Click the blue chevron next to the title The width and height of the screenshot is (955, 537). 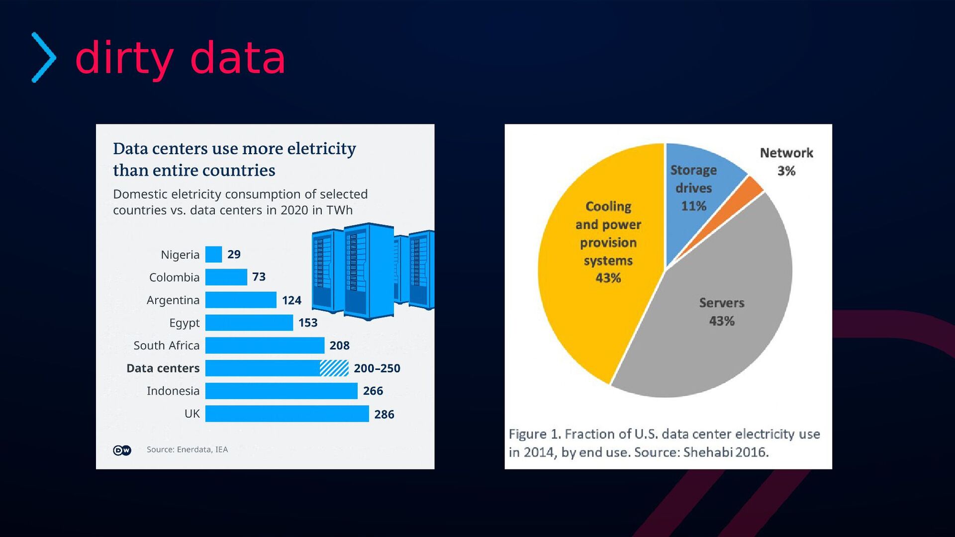pyautogui.click(x=44, y=57)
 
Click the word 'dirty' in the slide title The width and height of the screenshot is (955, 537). pyautogui.click(x=124, y=59)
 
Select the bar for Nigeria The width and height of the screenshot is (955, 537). pyautogui.click(x=213, y=255)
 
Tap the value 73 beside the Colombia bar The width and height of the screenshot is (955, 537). pyautogui.click(x=259, y=277)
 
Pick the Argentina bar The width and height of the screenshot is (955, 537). pyautogui.click(x=241, y=300)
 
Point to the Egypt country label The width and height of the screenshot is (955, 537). pyautogui.click(x=184, y=323)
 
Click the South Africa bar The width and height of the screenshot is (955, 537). pyautogui.click(x=265, y=346)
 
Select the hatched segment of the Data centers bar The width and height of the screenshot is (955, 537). pyautogui.click(x=334, y=368)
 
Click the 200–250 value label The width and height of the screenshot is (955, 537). pyautogui.click(x=377, y=368)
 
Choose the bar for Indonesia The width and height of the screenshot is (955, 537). pyautogui.click(x=281, y=391)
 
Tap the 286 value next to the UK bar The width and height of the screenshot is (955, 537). pyautogui.click(x=384, y=414)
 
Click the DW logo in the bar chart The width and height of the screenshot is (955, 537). pyautogui.click(x=122, y=450)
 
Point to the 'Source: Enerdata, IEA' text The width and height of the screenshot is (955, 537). pyautogui.click(x=187, y=449)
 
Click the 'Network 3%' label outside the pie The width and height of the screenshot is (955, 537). pyautogui.click(x=786, y=162)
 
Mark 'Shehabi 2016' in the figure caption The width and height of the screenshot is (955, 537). pyautogui.click(x=726, y=452)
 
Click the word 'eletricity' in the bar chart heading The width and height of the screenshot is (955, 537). pyautogui.click(x=321, y=149)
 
